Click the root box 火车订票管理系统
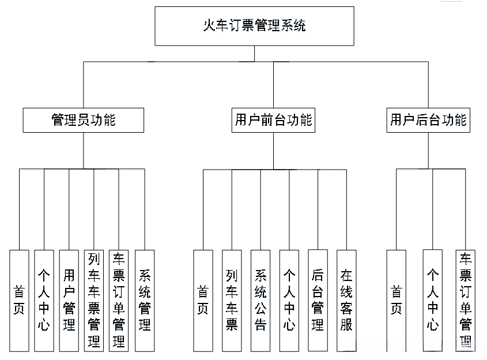pyautogui.click(x=254, y=26)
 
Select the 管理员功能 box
pyautogui.click(x=84, y=120)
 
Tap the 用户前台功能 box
pyautogui.click(x=273, y=120)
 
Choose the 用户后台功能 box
pyautogui.click(x=428, y=120)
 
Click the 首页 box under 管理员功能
pyautogui.click(x=19, y=300)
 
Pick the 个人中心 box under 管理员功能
pyautogui.click(x=44, y=300)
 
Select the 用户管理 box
pyautogui.click(x=69, y=300)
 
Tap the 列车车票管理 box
pyautogui.click(x=94, y=300)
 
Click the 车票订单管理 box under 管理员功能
pyautogui.click(x=119, y=300)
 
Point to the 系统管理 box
pyautogui.click(x=144, y=300)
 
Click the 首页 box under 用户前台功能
pyautogui.click(x=203, y=300)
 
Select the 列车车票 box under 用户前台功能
pyautogui.click(x=232, y=300)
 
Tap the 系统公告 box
pyautogui.click(x=261, y=300)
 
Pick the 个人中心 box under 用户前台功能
pyautogui.click(x=289, y=300)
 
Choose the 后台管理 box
pyautogui.click(x=318, y=300)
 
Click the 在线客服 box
pyautogui.click(x=346, y=300)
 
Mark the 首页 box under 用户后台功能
pyautogui.click(x=396, y=300)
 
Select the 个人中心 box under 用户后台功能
pyautogui.click(x=432, y=300)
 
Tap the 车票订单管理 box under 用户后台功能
pyautogui.click(x=465, y=300)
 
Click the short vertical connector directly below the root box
pyautogui.click(x=254, y=53)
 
